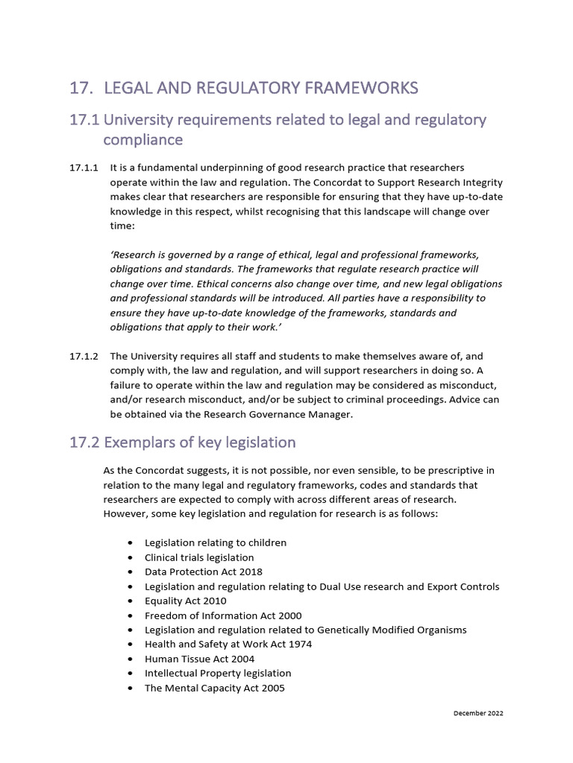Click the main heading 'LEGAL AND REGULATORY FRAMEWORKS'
click(x=260, y=89)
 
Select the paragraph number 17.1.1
click(x=83, y=168)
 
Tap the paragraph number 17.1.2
click(x=83, y=358)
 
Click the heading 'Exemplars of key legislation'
click(x=199, y=443)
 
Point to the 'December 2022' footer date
click(x=478, y=713)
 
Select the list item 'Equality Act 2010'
click(x=185, y=601)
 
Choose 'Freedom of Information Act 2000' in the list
click(x=213, y=615)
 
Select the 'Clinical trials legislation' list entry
click(x=199, y=557)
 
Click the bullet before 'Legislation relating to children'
click(x=131, y=543)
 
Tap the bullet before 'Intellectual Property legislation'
click(x=131, y=674)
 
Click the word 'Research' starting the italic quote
click(x=131, y=255)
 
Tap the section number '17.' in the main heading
click(x=80, y=89)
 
